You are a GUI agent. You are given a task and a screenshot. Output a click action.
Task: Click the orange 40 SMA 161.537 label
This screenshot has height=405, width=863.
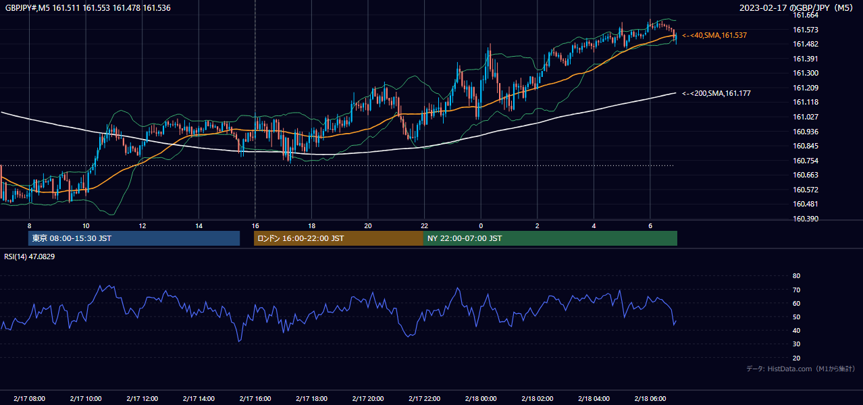(714, 35)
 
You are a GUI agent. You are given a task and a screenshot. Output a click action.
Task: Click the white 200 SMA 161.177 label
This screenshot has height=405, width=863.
(716, 93)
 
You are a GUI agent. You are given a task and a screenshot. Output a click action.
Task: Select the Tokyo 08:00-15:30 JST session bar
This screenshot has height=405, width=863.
(134, 238)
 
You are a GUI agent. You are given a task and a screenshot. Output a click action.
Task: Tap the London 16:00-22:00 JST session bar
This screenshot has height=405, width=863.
(339, 238)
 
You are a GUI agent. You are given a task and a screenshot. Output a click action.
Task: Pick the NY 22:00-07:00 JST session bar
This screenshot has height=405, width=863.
(550, 238)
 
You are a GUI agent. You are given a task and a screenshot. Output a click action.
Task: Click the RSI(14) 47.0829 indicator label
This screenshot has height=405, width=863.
(29, 256)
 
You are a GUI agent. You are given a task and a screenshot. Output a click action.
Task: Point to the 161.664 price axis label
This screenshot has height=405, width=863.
(805, 16)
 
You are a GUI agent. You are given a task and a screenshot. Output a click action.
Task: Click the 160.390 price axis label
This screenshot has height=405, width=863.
(805, 219)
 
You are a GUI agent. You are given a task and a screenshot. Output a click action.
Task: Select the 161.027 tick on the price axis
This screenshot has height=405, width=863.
(805, 117)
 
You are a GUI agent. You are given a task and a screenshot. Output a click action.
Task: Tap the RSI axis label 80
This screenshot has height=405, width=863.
(796, 275)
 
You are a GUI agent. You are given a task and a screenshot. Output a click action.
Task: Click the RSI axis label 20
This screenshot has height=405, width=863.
(796, 358)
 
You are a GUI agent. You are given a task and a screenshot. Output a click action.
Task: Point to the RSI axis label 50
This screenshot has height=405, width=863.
(796, 317)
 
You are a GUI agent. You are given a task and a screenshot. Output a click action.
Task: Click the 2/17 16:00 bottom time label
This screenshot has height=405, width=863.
(255, 398)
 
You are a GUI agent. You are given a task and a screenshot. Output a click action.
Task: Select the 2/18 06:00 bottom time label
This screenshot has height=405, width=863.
(650, 398)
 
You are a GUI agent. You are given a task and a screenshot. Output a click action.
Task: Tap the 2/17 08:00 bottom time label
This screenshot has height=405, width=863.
(29, 398)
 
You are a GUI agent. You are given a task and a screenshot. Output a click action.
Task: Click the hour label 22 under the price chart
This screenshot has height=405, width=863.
(424, 226)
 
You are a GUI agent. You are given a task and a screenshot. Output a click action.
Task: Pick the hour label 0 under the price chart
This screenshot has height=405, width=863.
(481, 226)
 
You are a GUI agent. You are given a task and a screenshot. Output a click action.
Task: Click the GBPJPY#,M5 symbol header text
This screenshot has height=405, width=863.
(28, 8)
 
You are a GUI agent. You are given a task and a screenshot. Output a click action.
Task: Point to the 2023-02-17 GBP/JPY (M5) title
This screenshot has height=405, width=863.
(796, 7)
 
